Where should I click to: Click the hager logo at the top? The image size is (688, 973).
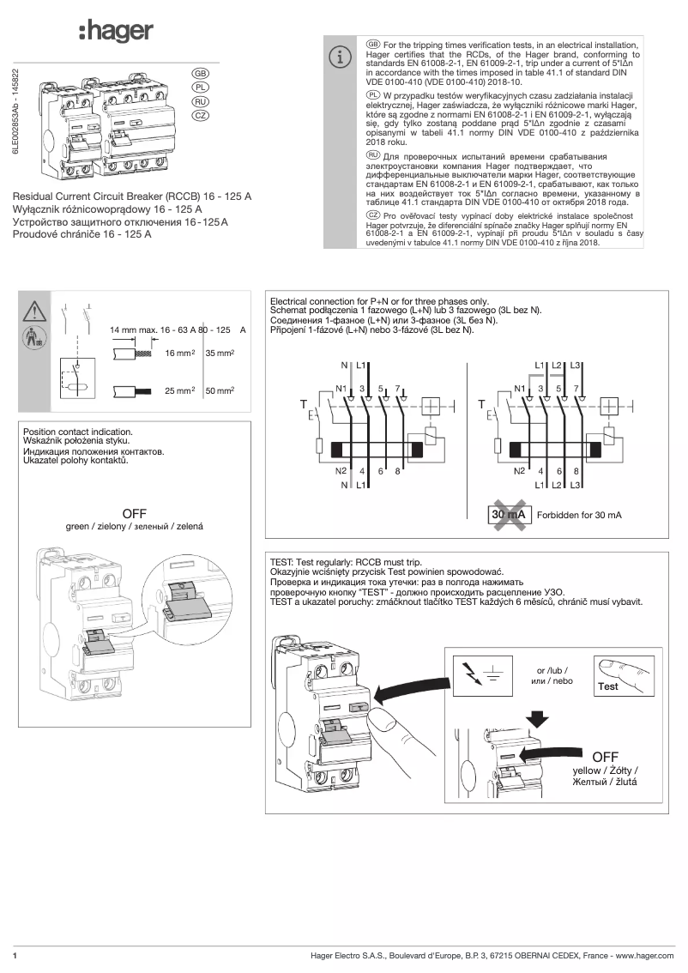[116, 32]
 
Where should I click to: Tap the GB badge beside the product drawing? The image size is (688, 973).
[200, 74]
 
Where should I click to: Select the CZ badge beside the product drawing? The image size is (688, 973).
[200, 115]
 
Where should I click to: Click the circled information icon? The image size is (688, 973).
[341, 57]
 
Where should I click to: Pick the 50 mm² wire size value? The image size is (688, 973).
[220, 390]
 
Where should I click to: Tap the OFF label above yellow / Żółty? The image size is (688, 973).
[605, 756]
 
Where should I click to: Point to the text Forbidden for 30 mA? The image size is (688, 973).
[579, 515]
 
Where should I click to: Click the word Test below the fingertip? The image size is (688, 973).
[608, 686]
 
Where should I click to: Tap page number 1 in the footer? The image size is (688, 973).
[15, 955]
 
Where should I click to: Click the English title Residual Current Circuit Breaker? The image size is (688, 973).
[133, 196]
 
